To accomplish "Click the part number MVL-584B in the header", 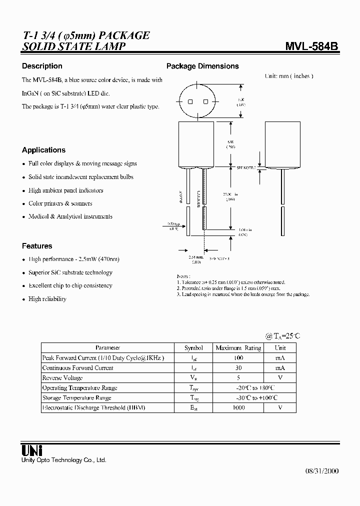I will pyautogui.click(x=311, y=46).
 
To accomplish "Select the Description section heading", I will pyautogui.click(x=42, y=66).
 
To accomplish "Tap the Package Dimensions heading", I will pyautogui.click(x=202, y=66).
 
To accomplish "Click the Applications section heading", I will pyautogui.click(x=43, y=150).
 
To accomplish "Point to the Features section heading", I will pyautogui.click(x=37, y=246).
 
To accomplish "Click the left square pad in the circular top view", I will pyautogui.click(x=190, y=101).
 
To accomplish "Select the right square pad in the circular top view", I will pyautogui.click(x=205, y=101).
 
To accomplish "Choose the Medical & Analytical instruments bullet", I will pyautogui.click(x=70, y=216).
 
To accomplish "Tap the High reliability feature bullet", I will pyautogui.click(x=47, y=299).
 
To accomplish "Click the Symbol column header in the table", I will pyautogui.click(x=193, y=348).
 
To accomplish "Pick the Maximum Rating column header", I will pyautogui.click(x=238, y=348).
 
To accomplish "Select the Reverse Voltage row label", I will pyautogui.click(x=62, y=378).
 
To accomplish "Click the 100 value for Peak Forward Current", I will pyautogui.click(x=238, y=358).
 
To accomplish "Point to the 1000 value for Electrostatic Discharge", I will pyautogui.click(x=238, y=408).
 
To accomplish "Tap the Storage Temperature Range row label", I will pyautogui.click(x=76, y=398).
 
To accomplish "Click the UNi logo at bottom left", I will pyautogui.click(x=31, y=449).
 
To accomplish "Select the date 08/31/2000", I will pyautogui.click(x=321, y=471).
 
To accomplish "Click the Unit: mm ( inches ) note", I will pyautogui.click(x=288, y=76).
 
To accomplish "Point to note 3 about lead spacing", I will pyautogui.click(x=243, y=294).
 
